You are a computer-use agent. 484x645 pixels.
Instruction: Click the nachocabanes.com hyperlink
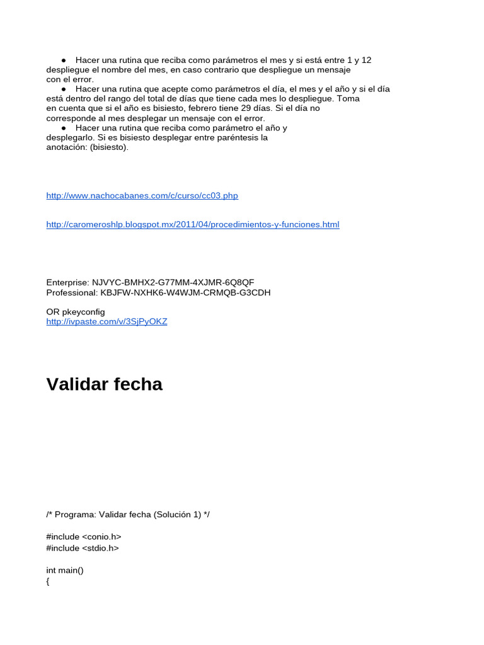coord(142,196)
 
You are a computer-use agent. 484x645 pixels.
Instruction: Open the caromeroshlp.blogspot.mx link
coord(193,225)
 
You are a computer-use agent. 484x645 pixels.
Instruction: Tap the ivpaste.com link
coord(107,322)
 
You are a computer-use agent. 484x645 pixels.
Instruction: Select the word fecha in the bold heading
coord(139,384)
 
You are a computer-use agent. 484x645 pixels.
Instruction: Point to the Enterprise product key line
coord(150,283)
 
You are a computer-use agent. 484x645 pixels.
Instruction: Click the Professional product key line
coord(158,293)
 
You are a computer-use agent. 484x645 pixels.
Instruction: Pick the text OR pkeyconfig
coord(76,312)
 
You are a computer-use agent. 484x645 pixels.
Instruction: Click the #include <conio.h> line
coord(84,537)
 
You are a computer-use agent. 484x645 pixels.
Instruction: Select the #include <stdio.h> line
coord(83,548)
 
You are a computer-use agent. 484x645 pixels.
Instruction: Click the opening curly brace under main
coord(48,582)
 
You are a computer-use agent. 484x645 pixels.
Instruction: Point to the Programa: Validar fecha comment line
coord(128,515)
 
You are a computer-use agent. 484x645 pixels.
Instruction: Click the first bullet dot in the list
coord(64,60)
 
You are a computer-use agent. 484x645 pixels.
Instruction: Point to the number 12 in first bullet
coord(366,60)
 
